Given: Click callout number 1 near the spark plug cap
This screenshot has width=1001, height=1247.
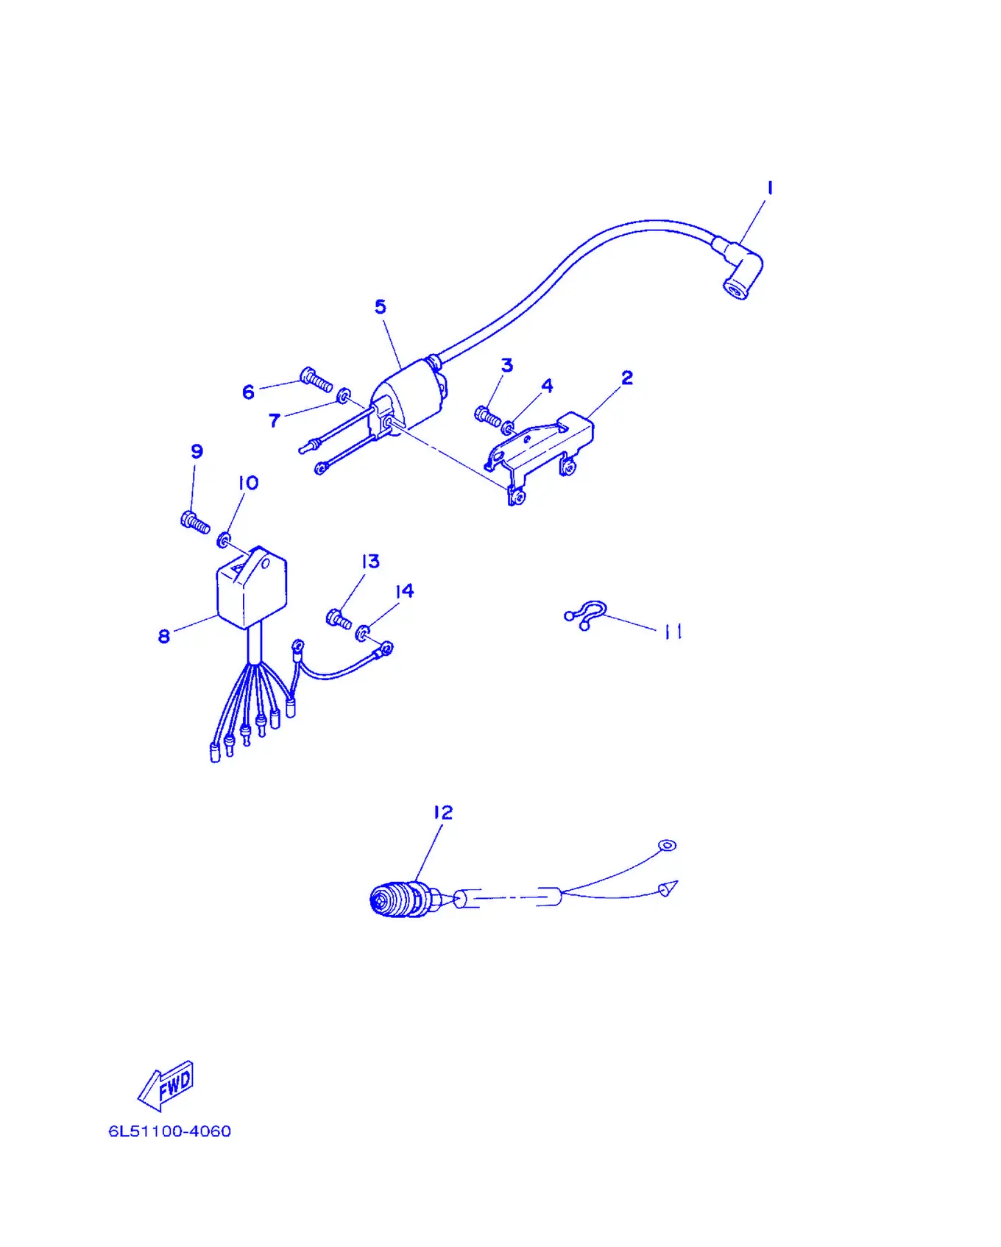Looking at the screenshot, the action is [x=770, y=188].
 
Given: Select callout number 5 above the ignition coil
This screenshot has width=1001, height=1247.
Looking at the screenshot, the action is [x=380, y=306].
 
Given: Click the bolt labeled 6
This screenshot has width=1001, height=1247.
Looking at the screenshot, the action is [x=316, y=380].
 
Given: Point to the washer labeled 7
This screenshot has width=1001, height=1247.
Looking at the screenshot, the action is [x=343, y=397].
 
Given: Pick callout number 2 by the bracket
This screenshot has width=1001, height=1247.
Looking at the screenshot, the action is [x=627, y=378].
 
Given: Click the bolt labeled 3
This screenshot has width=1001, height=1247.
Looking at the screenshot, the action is [x=487, y=416].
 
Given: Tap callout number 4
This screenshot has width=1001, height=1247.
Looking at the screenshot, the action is [x=547, y=386].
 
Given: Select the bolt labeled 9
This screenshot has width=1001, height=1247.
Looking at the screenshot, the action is [x=195, y=522].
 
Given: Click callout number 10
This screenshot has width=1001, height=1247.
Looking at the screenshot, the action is [x=248, y=483].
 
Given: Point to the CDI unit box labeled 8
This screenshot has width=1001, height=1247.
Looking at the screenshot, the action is [x=251, y=587].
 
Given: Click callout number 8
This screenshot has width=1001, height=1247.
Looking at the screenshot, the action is [x=163, y=636].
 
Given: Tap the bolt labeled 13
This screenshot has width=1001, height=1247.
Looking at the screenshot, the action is [x=339, y=619].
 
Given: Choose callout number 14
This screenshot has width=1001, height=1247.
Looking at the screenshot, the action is [x=404, y=591].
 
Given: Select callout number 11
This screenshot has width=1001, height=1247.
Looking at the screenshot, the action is [x=673, y=632].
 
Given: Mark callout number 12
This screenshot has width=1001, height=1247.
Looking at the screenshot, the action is [x=442, y=813].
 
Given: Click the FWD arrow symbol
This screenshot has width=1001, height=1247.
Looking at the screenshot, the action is [x=166, y=1085].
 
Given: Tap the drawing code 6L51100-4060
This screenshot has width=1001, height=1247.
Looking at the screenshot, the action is [x=170, y=1131].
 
